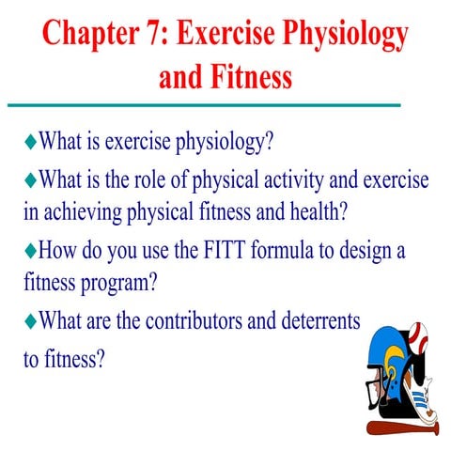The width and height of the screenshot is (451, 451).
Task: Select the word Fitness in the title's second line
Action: (252, 75)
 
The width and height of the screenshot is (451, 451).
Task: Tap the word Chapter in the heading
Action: (84, 35)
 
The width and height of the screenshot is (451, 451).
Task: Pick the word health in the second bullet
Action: (321, 210)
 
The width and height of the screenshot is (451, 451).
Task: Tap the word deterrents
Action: (317, 319)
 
